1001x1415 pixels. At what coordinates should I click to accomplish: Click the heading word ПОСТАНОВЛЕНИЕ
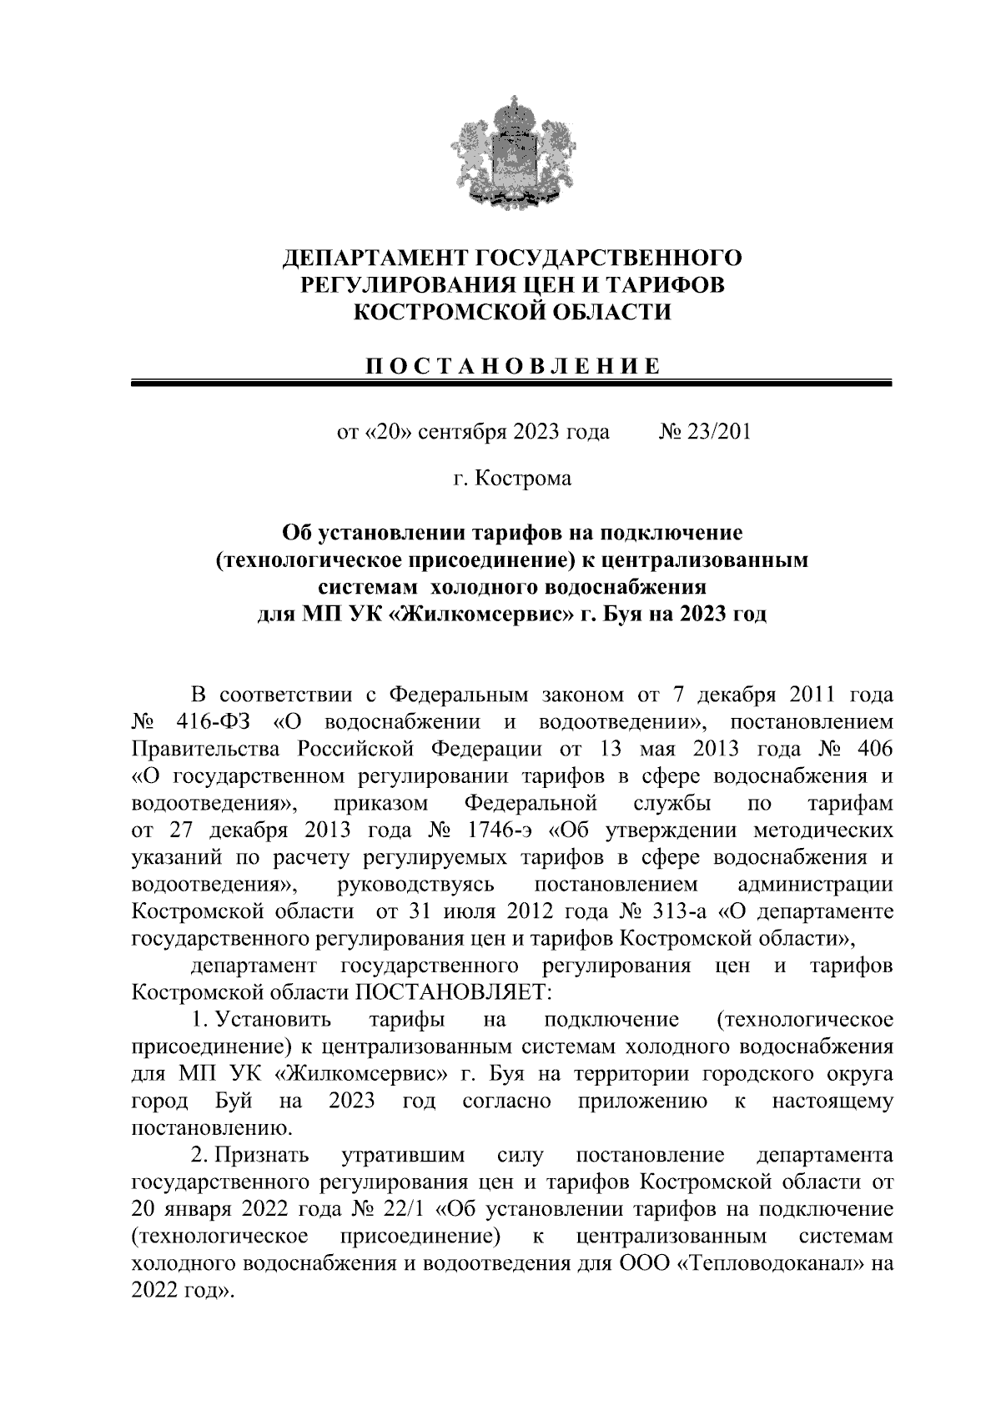coord(512,366)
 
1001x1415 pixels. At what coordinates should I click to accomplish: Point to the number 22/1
coord(403,1211)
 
